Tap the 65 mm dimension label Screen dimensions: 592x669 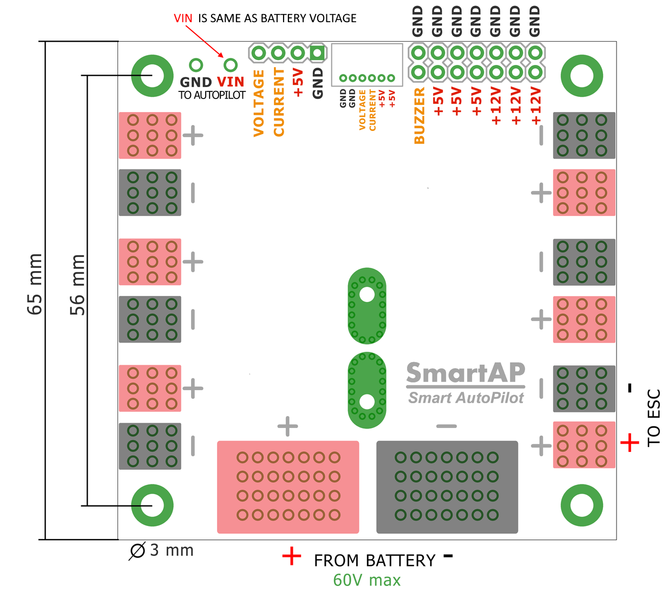coord(35,284)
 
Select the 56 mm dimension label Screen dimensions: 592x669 coord(77,285)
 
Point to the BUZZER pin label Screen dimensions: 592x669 coord(419,116)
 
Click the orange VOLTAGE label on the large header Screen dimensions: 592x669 coord(259,103)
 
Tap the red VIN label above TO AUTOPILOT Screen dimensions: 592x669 coord(231,82)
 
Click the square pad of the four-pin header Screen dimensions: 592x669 coord(317,53)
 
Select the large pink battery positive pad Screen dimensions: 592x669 coord(288,486)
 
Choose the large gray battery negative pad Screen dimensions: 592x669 coord(447,486)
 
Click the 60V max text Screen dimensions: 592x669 coord(367,580)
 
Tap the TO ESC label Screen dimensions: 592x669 coord(654,417)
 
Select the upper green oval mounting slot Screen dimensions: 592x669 coord(367,306)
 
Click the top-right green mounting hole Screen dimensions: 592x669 coord(582,75)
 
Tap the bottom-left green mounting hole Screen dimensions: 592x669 coord(153,505)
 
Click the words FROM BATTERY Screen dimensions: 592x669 coord(375,560)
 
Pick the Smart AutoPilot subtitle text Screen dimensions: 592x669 coord(465,398)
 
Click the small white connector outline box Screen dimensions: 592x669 coord(367,64)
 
